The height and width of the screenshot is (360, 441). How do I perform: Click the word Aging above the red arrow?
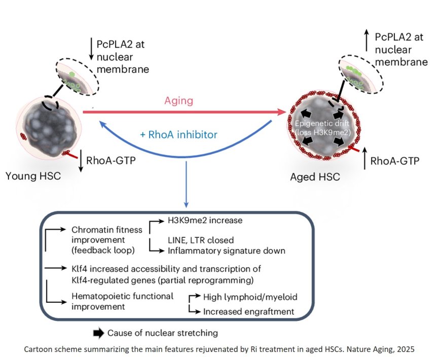point(178,100)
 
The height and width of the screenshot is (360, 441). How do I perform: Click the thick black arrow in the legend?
point(97,333)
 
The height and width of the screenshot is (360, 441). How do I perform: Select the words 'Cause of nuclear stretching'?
point(163,333)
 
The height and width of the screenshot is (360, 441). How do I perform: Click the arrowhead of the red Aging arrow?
point(282,112)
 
